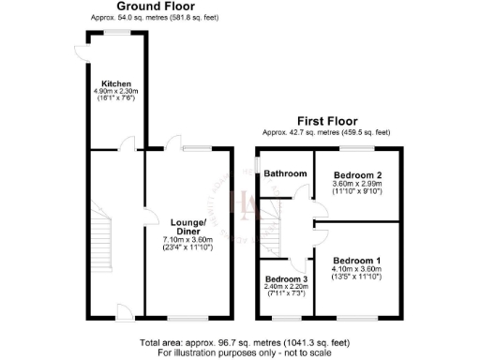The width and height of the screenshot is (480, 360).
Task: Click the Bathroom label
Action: point(284,174)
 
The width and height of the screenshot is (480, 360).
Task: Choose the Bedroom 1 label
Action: point(359,259)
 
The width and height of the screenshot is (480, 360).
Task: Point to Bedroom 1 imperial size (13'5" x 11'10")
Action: point(359,276)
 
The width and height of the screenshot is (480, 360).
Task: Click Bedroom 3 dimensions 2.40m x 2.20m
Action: point(285,289)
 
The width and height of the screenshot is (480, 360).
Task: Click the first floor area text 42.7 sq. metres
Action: point(327,132)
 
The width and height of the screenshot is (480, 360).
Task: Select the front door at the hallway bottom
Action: point(123,310)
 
